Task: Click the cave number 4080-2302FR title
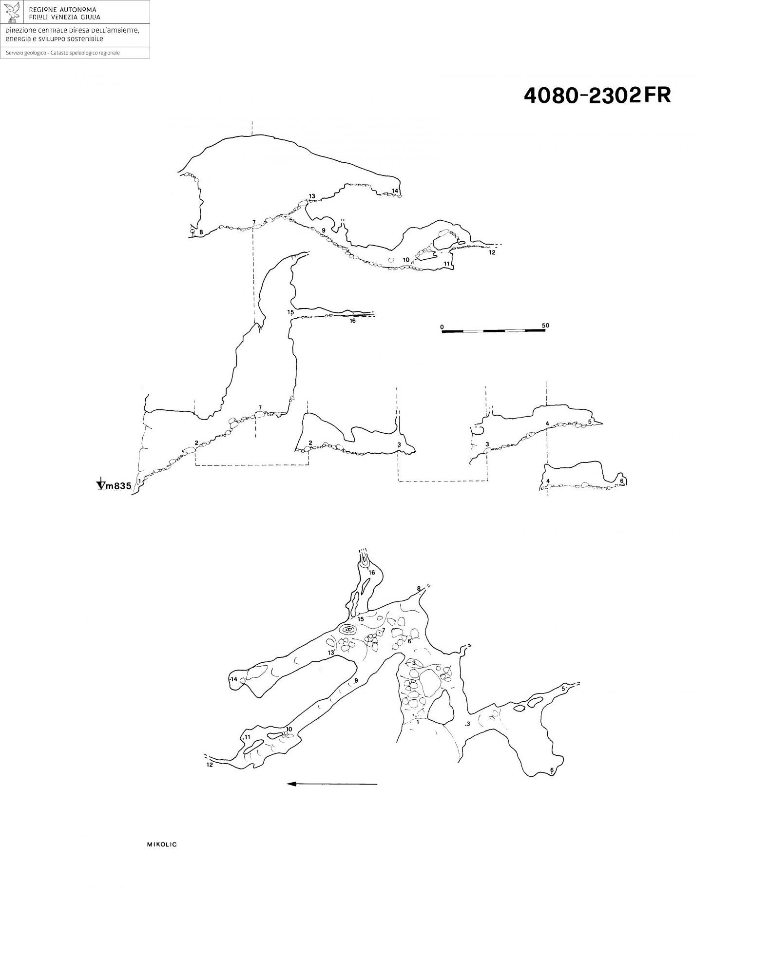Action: pos(597,95)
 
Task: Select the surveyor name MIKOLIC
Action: pos(162,845)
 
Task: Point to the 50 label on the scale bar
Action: pos(545,326)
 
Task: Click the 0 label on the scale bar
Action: pos(442,326)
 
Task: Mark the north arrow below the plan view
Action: pos(332,784)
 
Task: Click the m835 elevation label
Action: pos(119,485)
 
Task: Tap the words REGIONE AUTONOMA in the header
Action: pos(63,9)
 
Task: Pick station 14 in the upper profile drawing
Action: pos(395,190)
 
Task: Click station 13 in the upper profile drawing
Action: pos(312,196)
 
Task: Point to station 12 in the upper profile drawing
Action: pos(492,252)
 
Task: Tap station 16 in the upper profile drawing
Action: pos(352,321)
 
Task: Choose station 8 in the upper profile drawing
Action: pos(201,232)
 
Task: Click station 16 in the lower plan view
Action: pos(372,572)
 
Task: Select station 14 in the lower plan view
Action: pos(234,679)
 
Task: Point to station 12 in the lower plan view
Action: pos(210,765)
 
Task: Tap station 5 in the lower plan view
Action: pos(563,689)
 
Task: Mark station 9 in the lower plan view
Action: pos(356,681)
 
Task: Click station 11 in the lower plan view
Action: pos(248,737)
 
